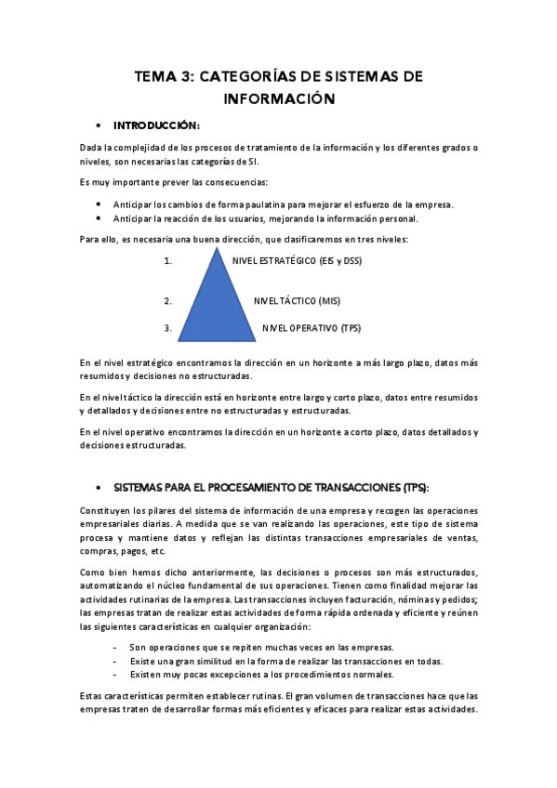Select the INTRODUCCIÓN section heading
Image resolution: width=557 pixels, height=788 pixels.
(x=156, y=125)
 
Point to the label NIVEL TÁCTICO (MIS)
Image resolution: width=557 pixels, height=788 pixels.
(x=298, y=301)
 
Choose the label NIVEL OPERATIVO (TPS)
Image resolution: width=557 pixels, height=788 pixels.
(x=311, y=327)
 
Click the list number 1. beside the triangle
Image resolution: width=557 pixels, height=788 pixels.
(x=167, y=261)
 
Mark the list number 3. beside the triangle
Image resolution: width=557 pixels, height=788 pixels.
(x=167, y=327)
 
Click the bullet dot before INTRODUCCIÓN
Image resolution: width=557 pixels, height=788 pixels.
(x=98, y=125)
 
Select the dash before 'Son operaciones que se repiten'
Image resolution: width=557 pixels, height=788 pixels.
(x=113, y=647)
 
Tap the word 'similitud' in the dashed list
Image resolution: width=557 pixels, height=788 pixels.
(x=201, y=661)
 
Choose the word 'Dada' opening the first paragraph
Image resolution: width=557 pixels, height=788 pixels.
(x=91, y=148)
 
